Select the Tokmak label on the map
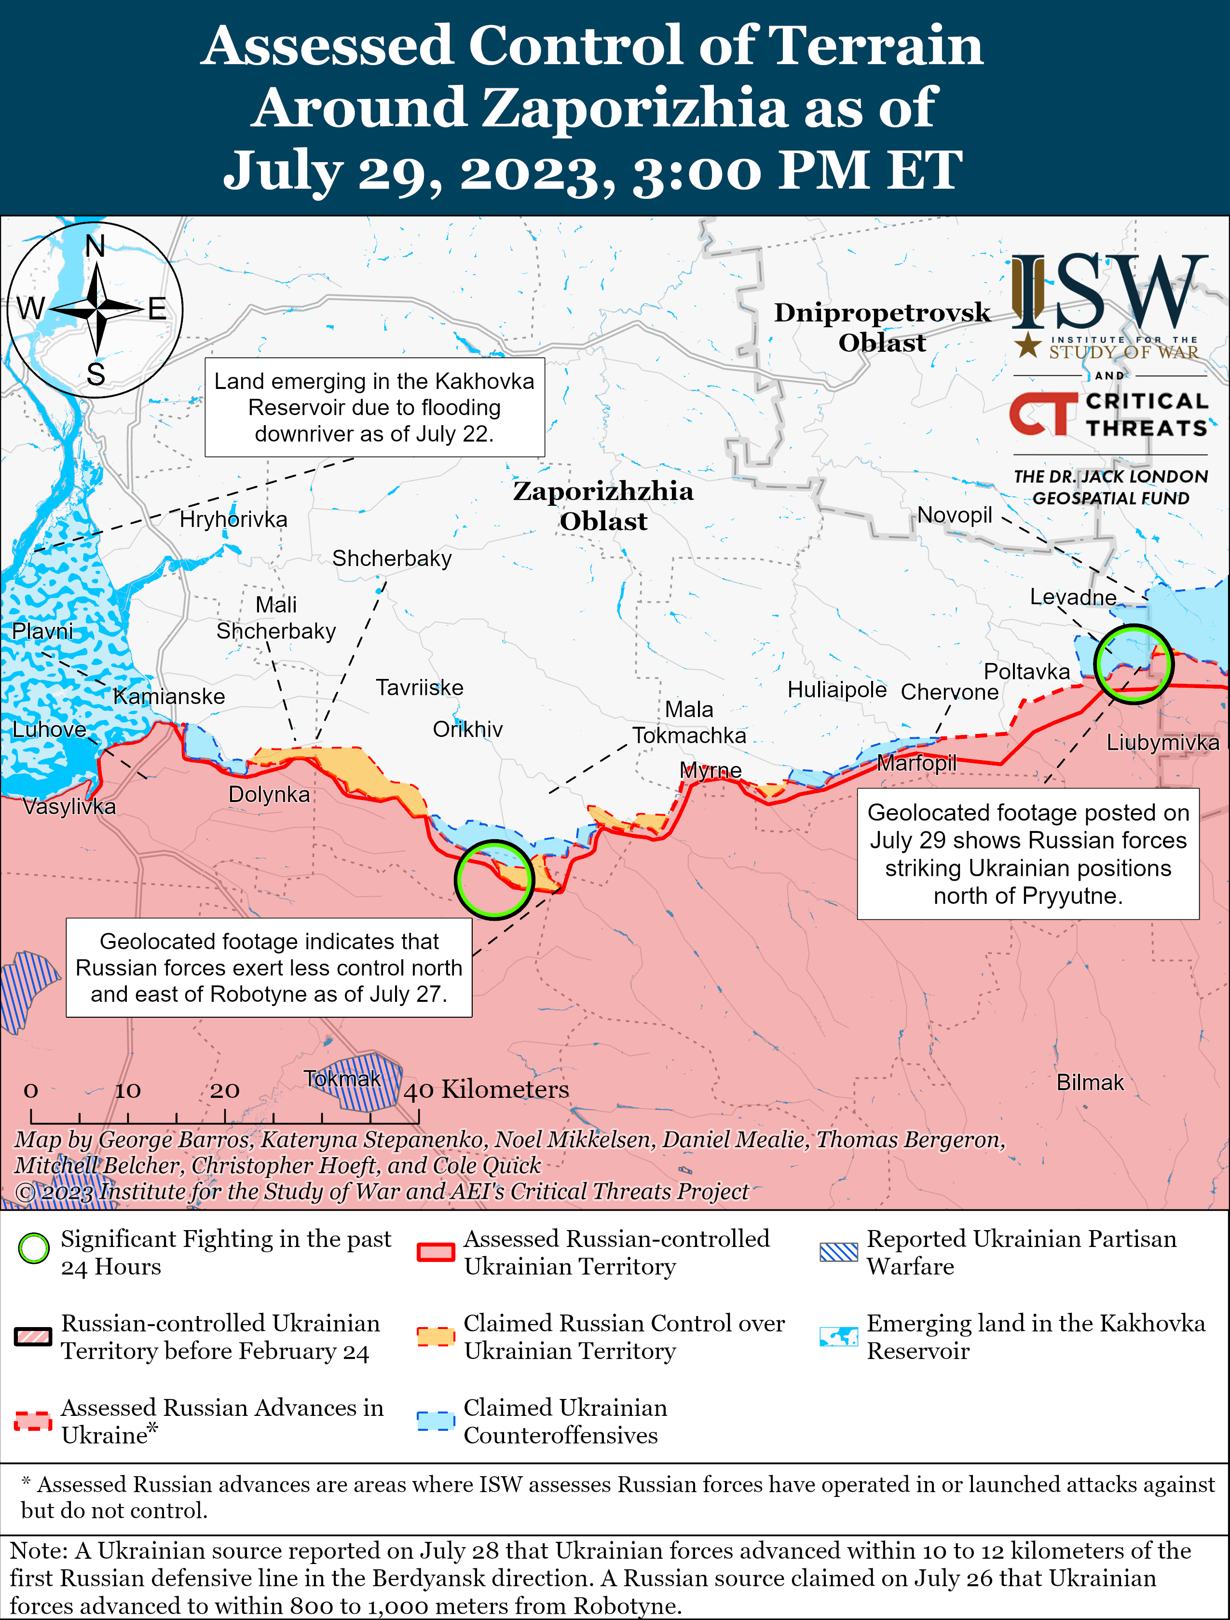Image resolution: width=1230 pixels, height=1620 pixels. [342, 1079]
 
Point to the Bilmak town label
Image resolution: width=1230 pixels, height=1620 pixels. [1090, 1082]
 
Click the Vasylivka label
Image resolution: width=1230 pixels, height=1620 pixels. [69, 807]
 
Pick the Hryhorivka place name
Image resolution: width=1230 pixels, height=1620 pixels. [233, 520]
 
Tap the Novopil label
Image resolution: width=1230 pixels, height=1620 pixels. [954, 515]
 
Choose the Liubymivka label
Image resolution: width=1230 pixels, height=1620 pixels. [1162, 743]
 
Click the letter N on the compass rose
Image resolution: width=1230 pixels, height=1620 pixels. [95, 246]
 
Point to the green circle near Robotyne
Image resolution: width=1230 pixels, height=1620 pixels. [494, 879]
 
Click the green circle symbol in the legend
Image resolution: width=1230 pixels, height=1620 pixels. [34, 1249]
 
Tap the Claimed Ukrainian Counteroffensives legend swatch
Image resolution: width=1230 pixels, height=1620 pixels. [436, 1420]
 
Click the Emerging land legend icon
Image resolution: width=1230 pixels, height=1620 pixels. [838, 1337]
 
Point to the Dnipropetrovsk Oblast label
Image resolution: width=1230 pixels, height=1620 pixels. [882, 327]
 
